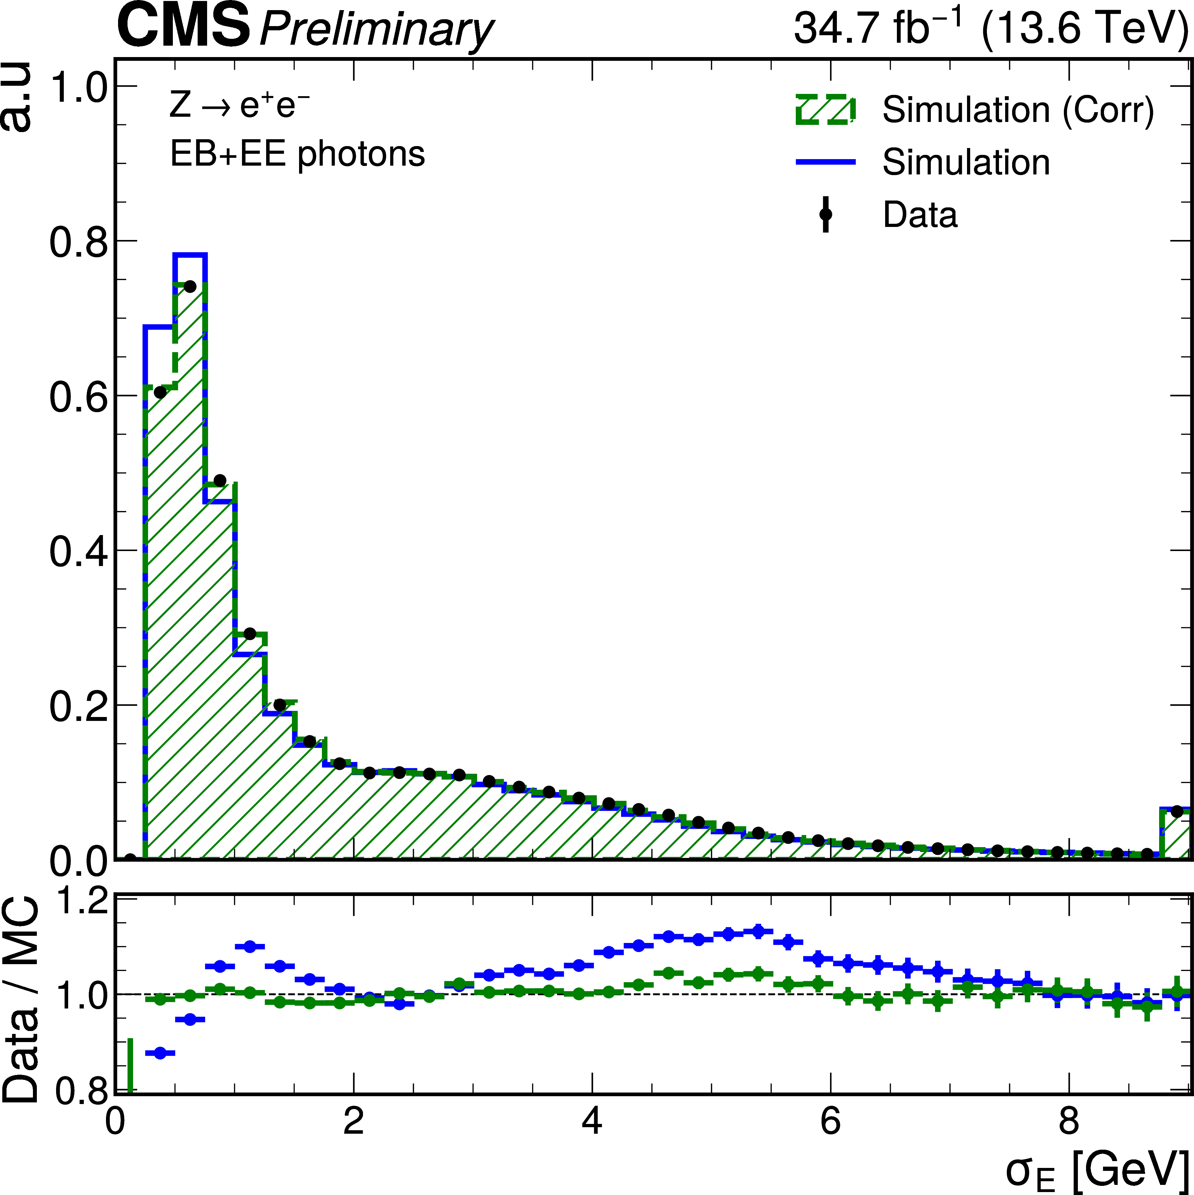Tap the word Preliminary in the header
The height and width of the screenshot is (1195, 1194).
coord(376,30)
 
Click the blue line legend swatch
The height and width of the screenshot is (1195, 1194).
coord(825,162)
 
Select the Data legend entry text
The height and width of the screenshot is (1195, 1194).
coord(920,215)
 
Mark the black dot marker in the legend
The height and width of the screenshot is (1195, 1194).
coord(825,215)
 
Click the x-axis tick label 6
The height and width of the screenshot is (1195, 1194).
coord(830,1121)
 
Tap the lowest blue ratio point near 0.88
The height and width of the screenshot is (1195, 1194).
coord(159,1053)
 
